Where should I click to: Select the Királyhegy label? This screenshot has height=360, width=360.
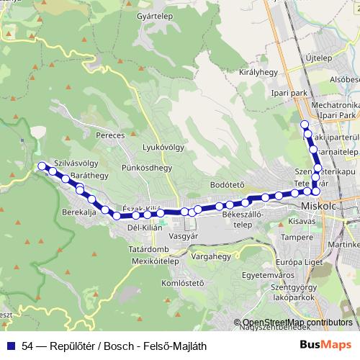click(x=258, y=73)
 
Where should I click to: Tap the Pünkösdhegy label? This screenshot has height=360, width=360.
click(x=147, y=168)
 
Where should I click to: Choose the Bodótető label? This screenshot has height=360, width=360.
click(x=228, y=185)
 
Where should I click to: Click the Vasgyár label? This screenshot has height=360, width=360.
click(x=182, y=235)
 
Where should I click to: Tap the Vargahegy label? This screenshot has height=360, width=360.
click(x=210, y=256)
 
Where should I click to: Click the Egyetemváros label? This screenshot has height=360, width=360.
click(x=266, y=274)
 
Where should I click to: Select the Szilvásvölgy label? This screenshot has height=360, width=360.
click(x=76, y=163)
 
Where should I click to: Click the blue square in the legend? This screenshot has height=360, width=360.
click(x=9, y=345)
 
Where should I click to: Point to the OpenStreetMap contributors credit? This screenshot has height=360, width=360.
click(x=297, y=323)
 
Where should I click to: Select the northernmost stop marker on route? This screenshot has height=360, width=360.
click(x=304, y=125)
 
